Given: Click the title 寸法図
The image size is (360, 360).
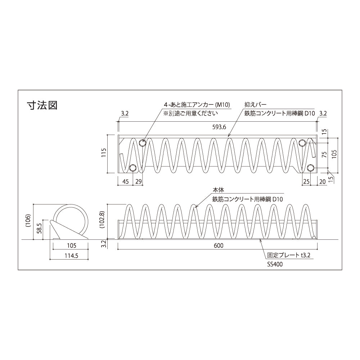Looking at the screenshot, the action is coord(42,105).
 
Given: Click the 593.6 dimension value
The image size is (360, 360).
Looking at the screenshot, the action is coord(219,127).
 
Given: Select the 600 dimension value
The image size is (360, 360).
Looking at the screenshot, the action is coord(219,246).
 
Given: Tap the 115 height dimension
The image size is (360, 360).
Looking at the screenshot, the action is coord(104,152).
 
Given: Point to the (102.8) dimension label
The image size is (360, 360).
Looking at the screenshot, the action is coord(102,220).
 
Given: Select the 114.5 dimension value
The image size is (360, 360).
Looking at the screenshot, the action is coord(72,256).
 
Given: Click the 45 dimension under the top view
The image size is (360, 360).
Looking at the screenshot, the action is coord(125,181).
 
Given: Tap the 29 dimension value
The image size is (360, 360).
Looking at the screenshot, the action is coord(139,181).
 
